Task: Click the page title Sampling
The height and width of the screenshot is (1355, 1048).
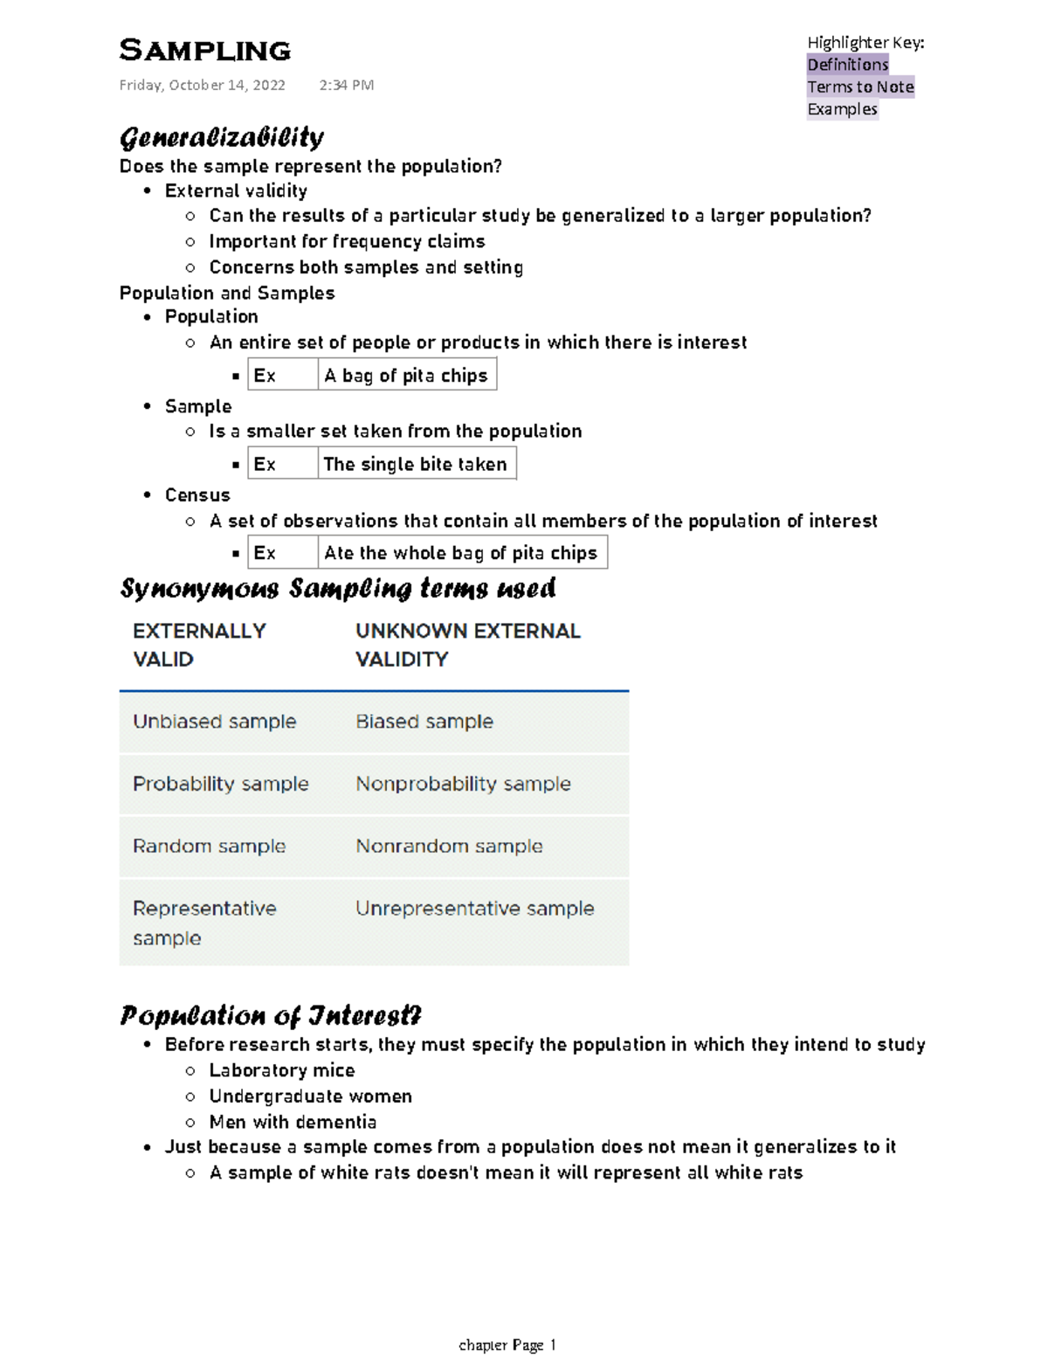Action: coord(204,51)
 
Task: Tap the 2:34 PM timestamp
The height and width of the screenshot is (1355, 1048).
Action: coord(346,86)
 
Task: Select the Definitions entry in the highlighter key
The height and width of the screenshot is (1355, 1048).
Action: coord(847,65)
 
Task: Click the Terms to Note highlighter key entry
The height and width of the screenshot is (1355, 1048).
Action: coord(860,87)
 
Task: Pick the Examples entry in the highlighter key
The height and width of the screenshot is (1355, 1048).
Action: coord(842,109)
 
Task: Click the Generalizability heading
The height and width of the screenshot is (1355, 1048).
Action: coord(222,138)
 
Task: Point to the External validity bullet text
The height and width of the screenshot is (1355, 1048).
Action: coord(236,191)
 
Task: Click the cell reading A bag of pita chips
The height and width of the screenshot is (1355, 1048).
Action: coord(406,376)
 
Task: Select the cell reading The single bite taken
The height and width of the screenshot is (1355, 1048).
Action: coord(415,465)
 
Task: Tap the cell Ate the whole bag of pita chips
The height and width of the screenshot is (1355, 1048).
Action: coord(460,553)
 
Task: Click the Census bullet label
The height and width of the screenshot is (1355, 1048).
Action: coord(197,495)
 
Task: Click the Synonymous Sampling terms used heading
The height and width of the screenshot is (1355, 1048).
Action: coord(338,589)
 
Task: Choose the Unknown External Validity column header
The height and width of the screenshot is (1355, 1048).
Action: coord(467,645)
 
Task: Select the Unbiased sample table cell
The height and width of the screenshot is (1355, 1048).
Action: coord(214,722)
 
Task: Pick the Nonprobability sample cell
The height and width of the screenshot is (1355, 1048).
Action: coord(463,785)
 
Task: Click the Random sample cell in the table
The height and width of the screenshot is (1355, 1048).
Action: coord(209,847)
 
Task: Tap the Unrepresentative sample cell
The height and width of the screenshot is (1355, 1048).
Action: coord(474,909)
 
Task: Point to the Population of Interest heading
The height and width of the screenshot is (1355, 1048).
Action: coord(271,1016)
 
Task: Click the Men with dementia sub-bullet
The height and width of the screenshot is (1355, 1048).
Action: coord(293,1122)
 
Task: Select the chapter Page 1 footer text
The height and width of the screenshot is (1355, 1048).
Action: coord(507,1345)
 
